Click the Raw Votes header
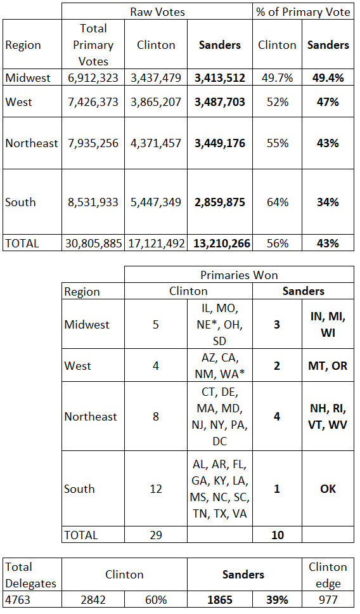pos(157,12)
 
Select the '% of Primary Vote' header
pos(303,12)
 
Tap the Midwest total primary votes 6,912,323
pos(93,77)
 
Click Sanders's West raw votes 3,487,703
pos(220,102)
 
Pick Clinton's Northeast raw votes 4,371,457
pos(156,143)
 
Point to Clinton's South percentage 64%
pos(278,202)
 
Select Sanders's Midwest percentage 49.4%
pos(328,77)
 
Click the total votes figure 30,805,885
pos(93,243)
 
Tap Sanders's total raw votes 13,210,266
pos(222,243)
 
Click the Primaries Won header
pos(239,275)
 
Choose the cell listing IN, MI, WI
pos(328,325)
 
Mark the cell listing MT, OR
pos(328,366)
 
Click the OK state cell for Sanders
pos(328,488)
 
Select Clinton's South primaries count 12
pos(156,488)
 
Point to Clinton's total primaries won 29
pos(156,535)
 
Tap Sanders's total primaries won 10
pos(278,535)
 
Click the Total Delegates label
pos(31,575)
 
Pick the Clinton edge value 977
pos(328,599)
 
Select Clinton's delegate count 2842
pos(93,599)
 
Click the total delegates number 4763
pos(18,599)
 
